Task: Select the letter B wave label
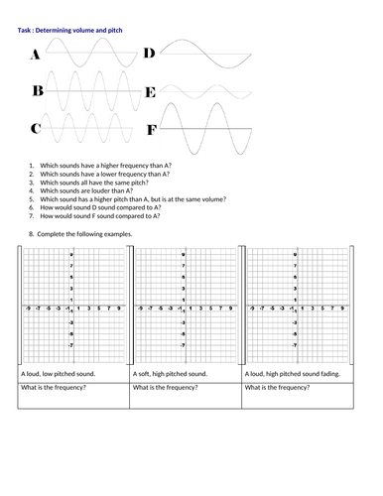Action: click(x=38, y=92)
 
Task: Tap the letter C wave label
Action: click(x=36, y=129)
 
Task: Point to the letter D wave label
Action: click(x=150, y=54)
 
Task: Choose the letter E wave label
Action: click(x=150, y=93)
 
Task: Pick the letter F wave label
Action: click(x=151, y=130)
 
